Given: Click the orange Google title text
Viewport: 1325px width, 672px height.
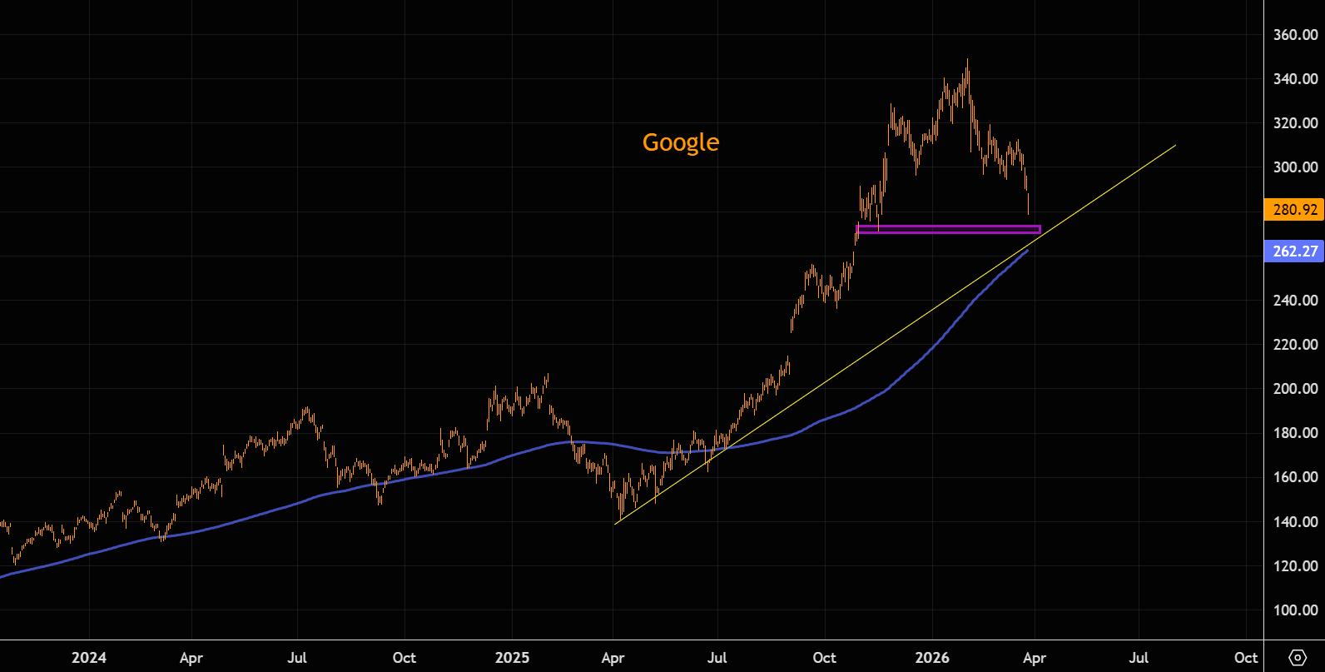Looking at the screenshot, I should click(x=680, y=142).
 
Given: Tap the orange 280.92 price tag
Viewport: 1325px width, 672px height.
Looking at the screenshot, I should click(x=1294, y=209).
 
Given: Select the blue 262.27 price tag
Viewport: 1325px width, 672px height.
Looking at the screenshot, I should click(x=1294, y=251).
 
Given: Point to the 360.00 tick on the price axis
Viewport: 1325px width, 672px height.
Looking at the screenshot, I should click(x=1295, y=35).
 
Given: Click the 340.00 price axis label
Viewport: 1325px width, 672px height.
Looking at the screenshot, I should click(x=1295, y=79).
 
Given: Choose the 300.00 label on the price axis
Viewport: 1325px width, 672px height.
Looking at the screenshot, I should click(x=1295, y=167).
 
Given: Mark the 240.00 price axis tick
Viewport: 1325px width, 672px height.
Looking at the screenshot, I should click(x=1295, y=301).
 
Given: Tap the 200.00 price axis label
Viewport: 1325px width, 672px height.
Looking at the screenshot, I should click(x=1295, y=389).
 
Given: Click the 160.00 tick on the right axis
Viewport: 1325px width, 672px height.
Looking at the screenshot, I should click(x=1295, y=477).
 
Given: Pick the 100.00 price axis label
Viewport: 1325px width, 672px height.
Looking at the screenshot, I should click(x=1295, y=610).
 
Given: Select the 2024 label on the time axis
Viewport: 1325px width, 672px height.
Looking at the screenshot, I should click(x=88, y=658).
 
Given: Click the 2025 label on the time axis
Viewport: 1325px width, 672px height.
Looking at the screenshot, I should click(x=512, y=658).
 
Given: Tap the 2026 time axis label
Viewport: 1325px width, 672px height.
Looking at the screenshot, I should click(x=932, y=658).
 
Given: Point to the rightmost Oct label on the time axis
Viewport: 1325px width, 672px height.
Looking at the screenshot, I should click(x=1246, y=658).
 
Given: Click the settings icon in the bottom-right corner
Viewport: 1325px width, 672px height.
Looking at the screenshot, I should click(x=1297, y=658).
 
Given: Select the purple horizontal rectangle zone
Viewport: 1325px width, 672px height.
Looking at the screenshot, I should click(x=948, y=230).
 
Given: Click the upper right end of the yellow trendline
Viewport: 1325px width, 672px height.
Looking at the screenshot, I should click(x=1175, y=146).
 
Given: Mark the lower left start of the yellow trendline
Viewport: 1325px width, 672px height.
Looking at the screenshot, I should click(x=615, y=524).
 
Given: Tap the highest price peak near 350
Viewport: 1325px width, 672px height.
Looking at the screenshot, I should click(x=967, y=61).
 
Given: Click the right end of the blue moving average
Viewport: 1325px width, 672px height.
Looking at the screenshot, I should click(x=1027, y=250).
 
